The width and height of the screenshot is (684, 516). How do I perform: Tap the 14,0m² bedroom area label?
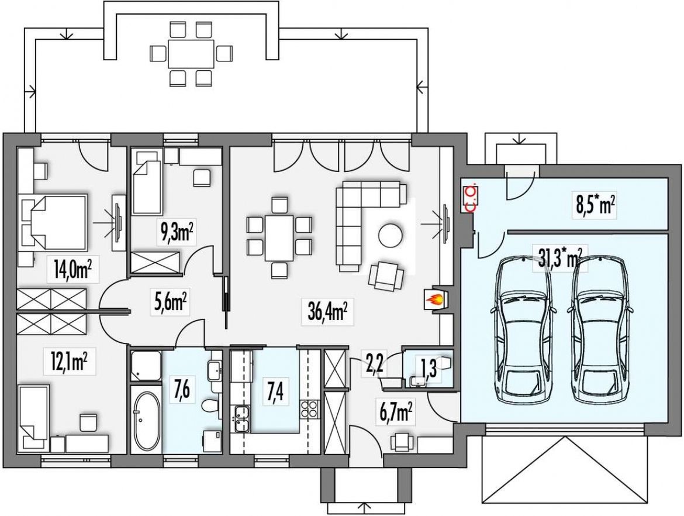coord(72,270)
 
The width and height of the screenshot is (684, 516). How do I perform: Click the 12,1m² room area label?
coord(70,362)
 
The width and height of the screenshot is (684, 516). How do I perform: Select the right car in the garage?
coord(600,329)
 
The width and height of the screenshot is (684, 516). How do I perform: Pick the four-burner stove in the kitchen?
coord(309,409)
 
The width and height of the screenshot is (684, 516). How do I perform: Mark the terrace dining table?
coord(191,54)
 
